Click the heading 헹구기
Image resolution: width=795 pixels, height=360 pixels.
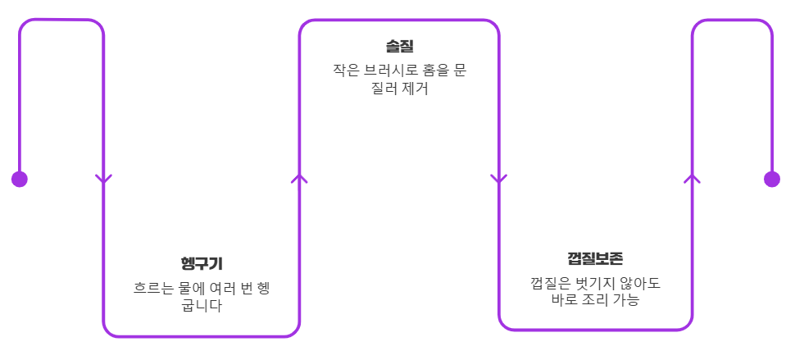pos(202,263)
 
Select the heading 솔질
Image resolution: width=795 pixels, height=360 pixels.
pos(399,46)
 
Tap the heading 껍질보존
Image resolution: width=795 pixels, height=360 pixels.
pos(595,259)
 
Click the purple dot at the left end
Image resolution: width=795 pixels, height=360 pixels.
pos(20,179)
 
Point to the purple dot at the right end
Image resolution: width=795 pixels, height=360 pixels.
pos(771,179)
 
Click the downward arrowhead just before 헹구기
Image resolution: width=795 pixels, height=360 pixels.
pos(103,179)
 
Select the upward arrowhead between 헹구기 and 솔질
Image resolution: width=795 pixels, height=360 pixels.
pos(299,177)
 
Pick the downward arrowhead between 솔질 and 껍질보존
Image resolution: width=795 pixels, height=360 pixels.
pos(498,179)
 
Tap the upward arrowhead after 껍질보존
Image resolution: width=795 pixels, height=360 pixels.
pos(692,177)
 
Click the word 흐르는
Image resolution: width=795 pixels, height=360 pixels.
pos(153,289)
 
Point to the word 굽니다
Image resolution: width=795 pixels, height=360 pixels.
pos(202,308)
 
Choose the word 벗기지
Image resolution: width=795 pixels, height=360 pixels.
pos(591,284)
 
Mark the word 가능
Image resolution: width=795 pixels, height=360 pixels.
pos(624,301)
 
